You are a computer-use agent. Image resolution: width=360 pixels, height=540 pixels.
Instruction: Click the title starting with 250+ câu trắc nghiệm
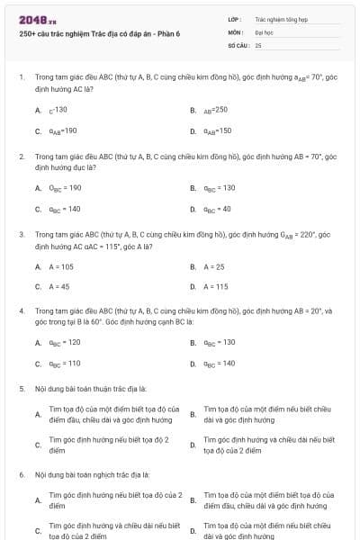98,34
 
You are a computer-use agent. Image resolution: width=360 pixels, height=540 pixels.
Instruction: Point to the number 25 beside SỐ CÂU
258,44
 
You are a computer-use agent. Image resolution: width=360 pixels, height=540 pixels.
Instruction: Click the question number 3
21,233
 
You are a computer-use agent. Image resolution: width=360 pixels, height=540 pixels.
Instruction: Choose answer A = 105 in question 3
61,266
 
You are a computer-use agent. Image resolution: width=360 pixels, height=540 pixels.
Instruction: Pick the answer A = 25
214,266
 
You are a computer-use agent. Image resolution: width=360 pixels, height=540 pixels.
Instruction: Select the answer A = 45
59,286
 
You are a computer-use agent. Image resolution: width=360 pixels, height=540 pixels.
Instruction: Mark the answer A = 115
216,286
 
